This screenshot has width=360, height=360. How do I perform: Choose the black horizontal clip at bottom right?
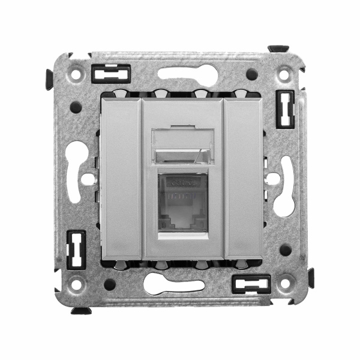250,283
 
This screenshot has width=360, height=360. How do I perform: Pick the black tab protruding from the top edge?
278,49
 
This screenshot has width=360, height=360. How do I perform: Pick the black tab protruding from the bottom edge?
81,310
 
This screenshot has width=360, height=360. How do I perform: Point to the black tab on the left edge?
49,79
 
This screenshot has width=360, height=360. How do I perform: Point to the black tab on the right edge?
311,277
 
